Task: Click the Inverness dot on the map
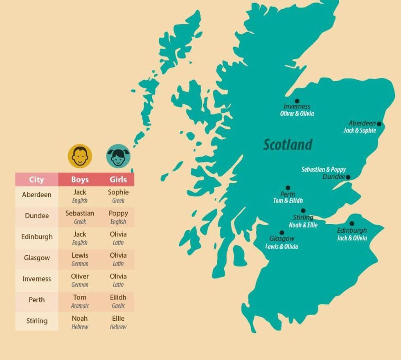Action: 297,101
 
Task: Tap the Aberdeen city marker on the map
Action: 379,124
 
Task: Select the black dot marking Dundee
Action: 348,177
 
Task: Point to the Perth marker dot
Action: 288,188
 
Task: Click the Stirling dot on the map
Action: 303,211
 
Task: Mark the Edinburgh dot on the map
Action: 351,224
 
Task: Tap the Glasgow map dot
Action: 282,233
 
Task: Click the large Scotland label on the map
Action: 288,145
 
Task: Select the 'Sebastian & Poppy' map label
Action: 323,169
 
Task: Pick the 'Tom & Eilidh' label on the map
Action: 288,201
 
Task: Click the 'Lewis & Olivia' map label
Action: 282,246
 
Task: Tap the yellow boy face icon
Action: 80,156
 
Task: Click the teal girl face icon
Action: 118,156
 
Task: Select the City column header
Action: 36,180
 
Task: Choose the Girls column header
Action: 118,180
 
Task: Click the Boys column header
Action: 80,180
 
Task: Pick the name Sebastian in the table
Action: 80,213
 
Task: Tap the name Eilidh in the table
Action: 118,297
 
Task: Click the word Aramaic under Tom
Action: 80,306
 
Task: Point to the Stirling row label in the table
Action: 37,321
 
